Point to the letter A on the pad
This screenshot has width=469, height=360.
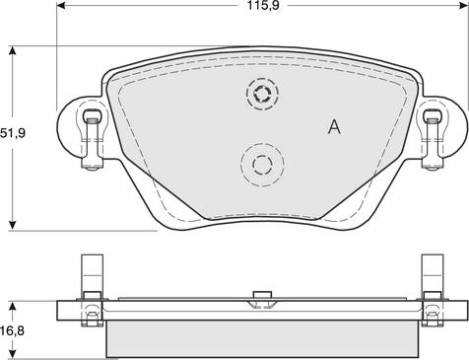[x=334, y=126]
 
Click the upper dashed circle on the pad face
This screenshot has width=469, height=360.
[x=262, y=95]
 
